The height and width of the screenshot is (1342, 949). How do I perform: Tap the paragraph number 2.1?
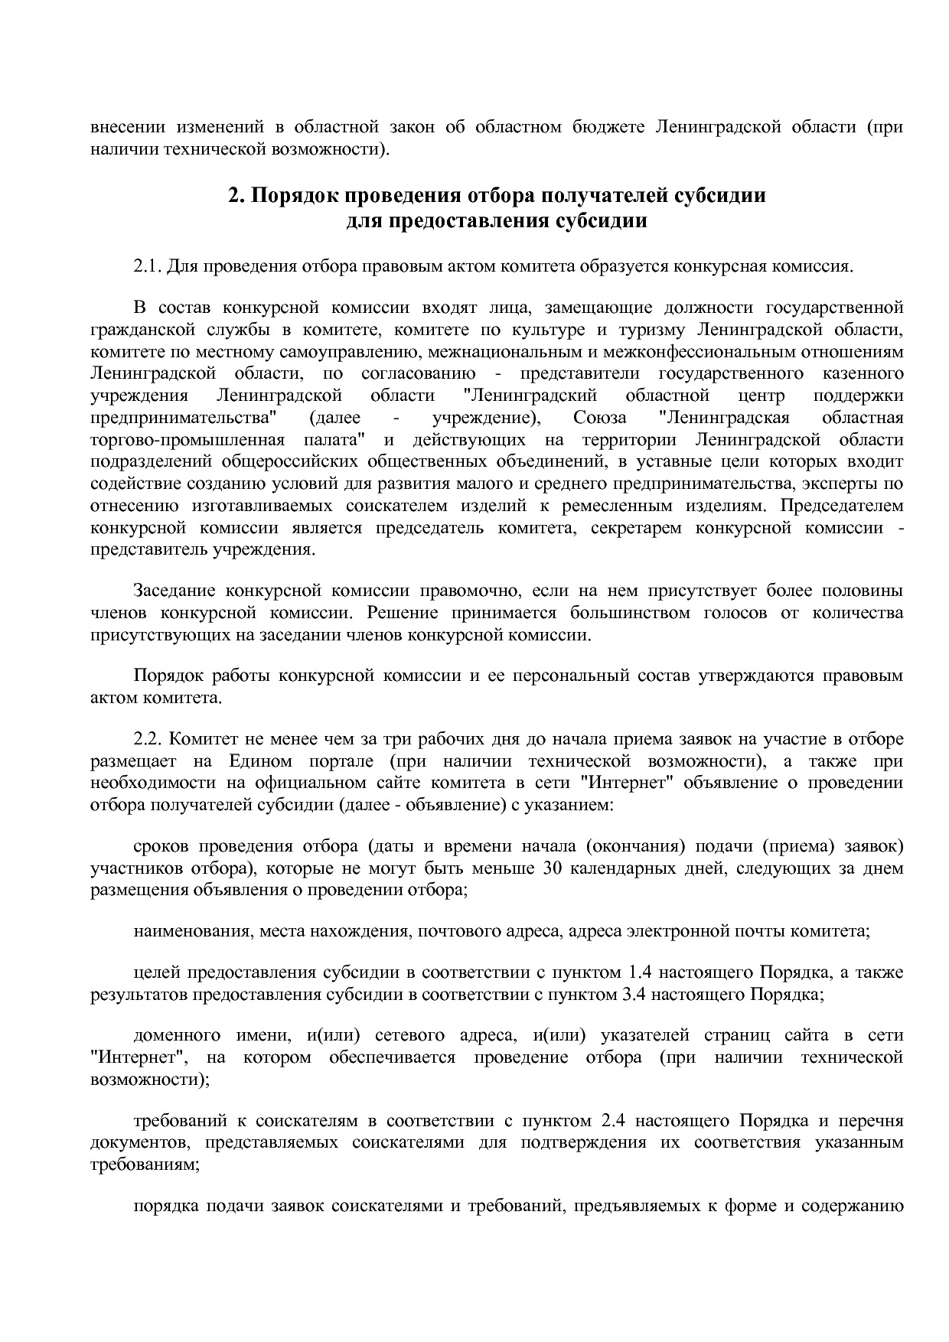click(x=148, y=266)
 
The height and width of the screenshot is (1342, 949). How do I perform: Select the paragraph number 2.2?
click(x=148, y=740)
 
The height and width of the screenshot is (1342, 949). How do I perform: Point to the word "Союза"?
click(x=598, y=418)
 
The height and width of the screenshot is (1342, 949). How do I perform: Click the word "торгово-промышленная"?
click(x=188, y=440)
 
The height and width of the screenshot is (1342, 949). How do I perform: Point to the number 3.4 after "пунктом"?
click(x=630, y=995)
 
